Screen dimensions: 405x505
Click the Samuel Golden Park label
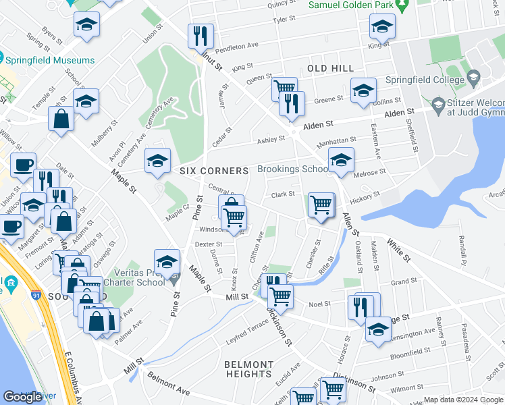point(350,5)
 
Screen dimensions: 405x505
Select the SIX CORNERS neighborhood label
point(214,171)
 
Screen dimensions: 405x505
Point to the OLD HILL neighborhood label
point(330,69)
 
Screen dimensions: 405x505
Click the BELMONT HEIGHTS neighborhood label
point(248,369)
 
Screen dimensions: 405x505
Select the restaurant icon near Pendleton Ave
point(201,36)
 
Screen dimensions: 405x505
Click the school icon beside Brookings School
point(341,161)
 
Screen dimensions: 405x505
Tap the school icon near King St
point(382,27)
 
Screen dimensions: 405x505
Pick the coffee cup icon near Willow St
point(24,165)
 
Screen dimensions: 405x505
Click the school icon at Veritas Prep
point(167,262)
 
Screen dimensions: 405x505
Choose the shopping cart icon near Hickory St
point(321,205)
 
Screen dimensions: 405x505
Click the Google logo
point(23,397)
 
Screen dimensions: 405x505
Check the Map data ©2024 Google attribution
point(462,400)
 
